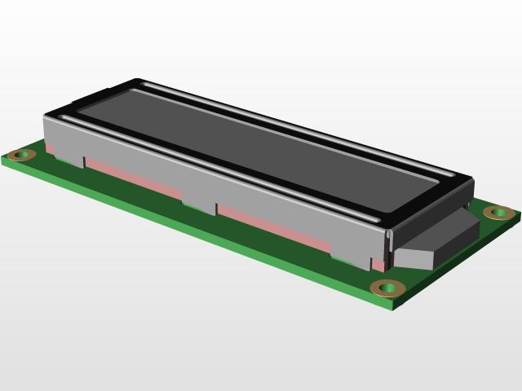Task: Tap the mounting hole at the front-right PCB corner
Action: tap(387, 288)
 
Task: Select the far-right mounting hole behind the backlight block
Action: tap(498, 213)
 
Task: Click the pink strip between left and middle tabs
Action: tap(135, 178)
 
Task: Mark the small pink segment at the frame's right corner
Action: tap(380, 264)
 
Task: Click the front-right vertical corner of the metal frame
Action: tap(388, 244)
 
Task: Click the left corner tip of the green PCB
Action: tap(3, 159)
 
